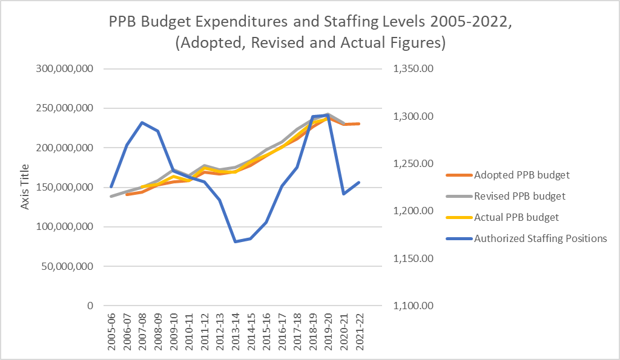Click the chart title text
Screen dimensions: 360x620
309,33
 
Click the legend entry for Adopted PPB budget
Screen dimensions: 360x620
522,175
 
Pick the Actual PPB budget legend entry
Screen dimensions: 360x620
517,217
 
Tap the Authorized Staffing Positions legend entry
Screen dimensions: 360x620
540,238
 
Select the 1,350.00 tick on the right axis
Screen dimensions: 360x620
414,69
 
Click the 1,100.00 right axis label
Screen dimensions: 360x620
414,306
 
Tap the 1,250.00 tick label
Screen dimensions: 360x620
414,164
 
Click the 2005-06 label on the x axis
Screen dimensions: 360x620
110,330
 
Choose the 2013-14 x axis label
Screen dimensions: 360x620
235,330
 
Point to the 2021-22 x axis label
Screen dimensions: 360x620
360,330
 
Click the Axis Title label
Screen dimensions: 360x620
25,188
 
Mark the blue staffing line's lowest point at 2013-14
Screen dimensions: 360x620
235,241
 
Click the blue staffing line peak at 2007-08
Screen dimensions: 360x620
141,122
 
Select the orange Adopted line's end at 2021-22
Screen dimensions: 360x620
360,123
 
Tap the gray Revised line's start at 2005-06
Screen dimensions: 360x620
110,197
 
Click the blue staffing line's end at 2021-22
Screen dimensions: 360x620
360,182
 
